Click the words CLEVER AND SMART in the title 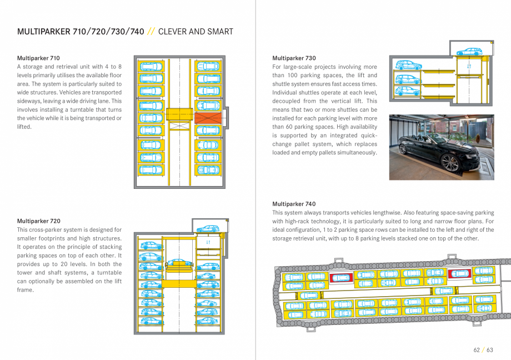coord(196,32)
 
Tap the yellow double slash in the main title coord(151,32)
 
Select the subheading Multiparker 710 coord(38,58)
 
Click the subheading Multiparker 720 coord(38,221)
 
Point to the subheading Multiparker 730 coord(294,58)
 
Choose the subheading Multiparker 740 coord(294,204)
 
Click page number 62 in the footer coord(477,350)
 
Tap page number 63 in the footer coord(489,350)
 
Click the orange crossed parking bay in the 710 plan coord(208,118)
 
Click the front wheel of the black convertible coord(450,163)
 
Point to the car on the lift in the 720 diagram coord(179,262)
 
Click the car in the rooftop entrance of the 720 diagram coord(208,228)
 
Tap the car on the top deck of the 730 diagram coord(469,52)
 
